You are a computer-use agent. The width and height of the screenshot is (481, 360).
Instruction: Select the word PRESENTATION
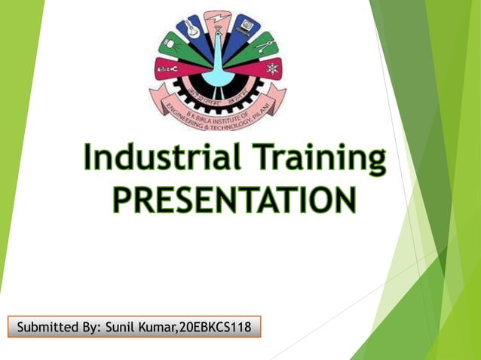tap(234, 200)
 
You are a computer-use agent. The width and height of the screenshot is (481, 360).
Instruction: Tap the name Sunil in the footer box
tap(122, 327)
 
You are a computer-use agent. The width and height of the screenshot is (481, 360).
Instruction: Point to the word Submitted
tap(46, 327)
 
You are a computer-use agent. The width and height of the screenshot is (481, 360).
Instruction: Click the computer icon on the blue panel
tap(246, 26)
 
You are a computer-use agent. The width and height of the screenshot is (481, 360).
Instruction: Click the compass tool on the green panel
tap(263, 45)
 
